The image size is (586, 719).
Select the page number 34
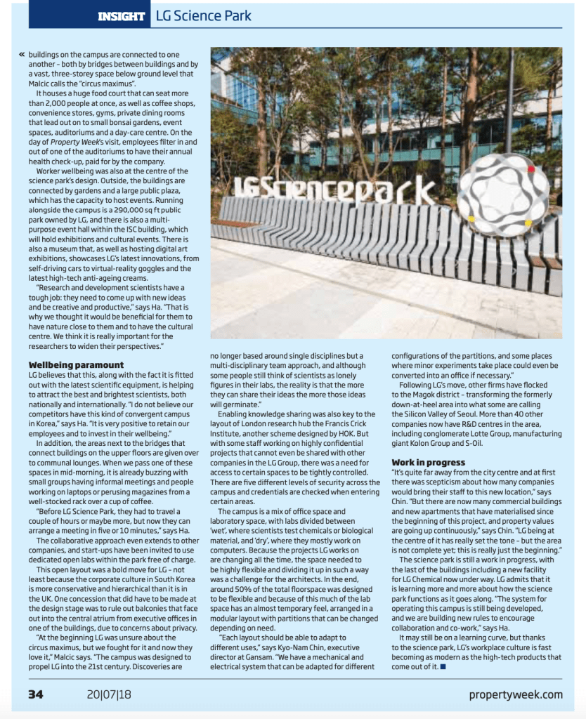(x=36, y=694)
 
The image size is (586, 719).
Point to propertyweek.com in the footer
(x=516, y=694)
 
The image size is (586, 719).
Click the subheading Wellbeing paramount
(x=76, y=365)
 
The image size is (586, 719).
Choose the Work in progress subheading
(x=428, y=462)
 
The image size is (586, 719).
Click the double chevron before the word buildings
(x=22, y=54)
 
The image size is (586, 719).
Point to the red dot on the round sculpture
(x=530, y=169)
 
